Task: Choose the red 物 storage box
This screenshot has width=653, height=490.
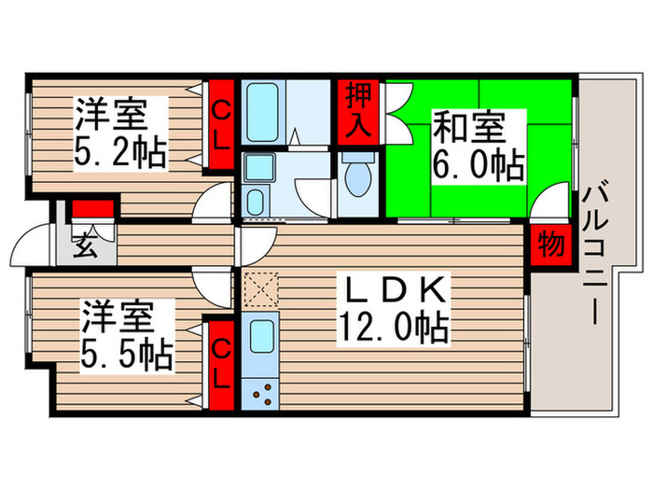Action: coord(549,246)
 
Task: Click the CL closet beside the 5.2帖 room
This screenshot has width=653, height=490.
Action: coord(221,125)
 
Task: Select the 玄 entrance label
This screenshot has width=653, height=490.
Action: coord(85,248)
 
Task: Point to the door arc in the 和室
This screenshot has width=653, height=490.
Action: coord(555,199)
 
